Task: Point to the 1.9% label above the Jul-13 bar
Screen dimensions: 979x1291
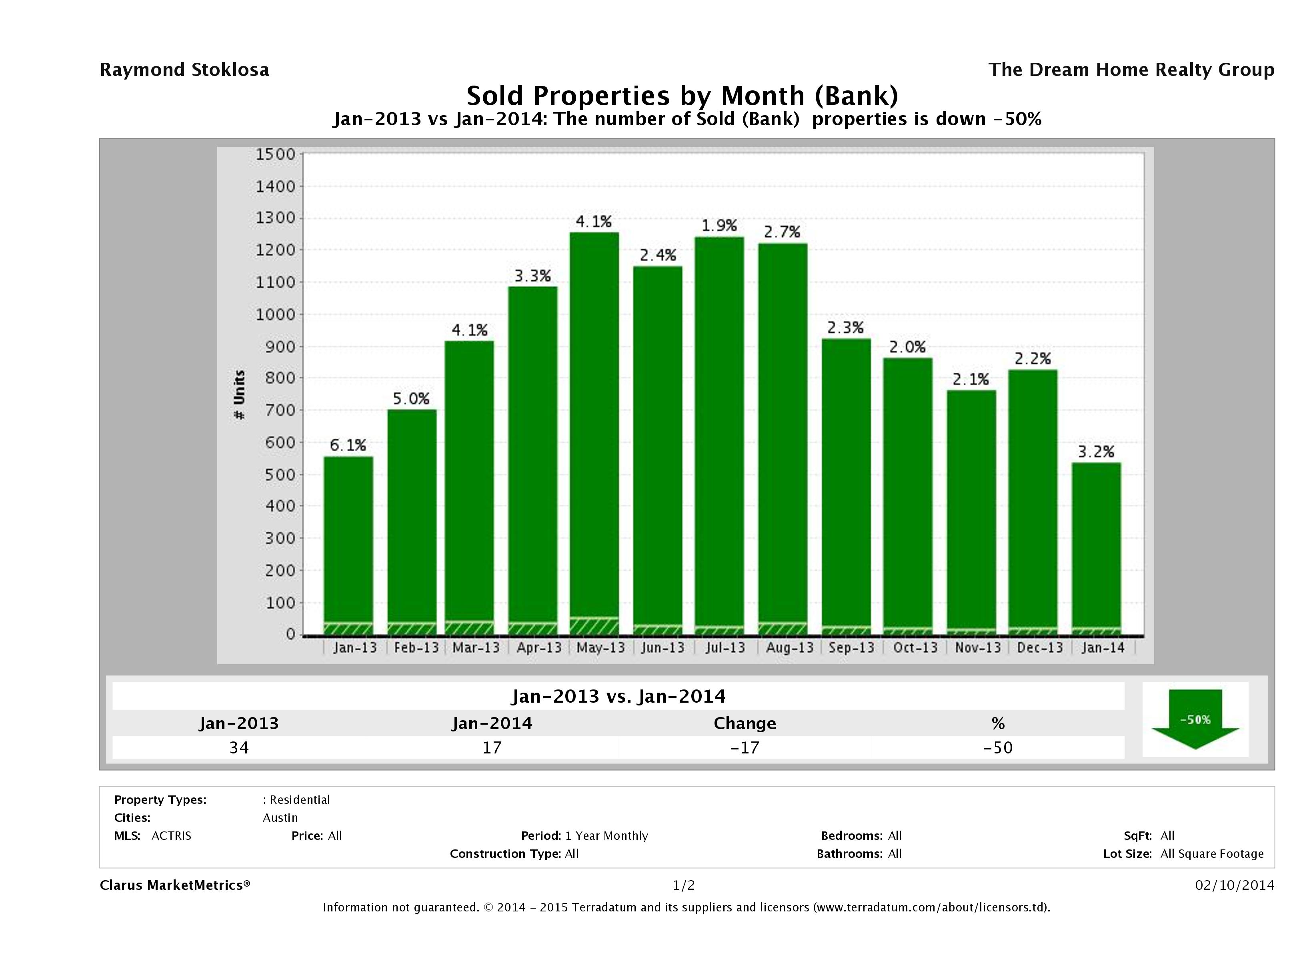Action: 719,225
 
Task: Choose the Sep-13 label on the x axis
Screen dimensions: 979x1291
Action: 851,647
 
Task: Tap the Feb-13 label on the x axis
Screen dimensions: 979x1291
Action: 416,647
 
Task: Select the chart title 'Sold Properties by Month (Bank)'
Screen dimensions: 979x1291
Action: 682,95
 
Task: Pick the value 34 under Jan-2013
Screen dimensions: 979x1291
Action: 239,747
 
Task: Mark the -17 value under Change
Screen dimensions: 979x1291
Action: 745,747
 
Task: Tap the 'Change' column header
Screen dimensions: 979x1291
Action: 745,723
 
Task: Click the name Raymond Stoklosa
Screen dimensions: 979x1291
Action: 184,70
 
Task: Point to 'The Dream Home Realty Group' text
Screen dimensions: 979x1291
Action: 1131,70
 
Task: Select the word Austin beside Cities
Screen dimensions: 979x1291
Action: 280,817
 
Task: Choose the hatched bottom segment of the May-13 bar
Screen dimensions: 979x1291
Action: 594,626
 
